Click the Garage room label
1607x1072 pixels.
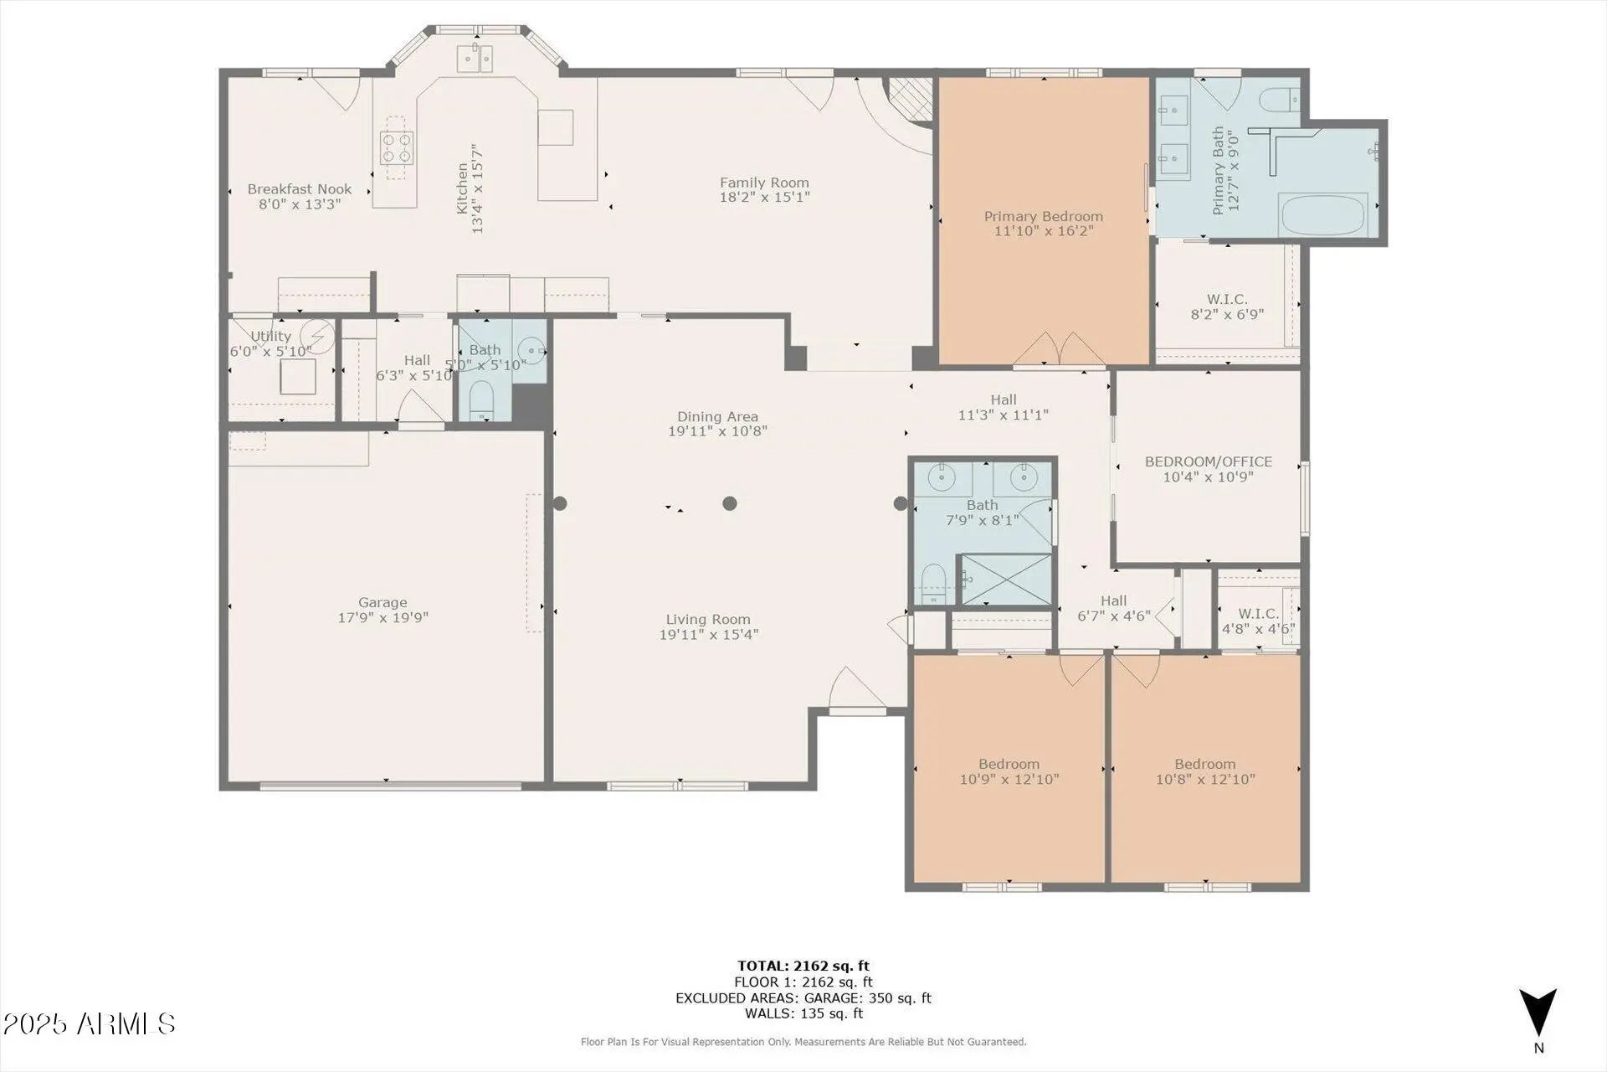382,602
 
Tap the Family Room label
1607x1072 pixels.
764,183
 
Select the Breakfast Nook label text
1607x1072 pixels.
300,189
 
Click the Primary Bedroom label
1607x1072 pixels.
1044,216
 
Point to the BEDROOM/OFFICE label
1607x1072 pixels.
1209,461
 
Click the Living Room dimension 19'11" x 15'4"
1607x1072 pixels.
709,635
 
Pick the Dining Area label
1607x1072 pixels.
718,416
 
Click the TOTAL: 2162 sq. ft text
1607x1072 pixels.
803,966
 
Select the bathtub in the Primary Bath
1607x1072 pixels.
1323,214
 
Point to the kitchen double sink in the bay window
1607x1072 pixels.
475,58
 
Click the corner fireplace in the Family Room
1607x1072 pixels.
911,99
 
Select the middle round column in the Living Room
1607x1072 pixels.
730,503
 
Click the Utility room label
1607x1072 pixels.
271,337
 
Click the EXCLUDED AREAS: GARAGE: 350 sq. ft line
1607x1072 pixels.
803,998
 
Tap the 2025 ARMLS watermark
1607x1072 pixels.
90,1023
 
